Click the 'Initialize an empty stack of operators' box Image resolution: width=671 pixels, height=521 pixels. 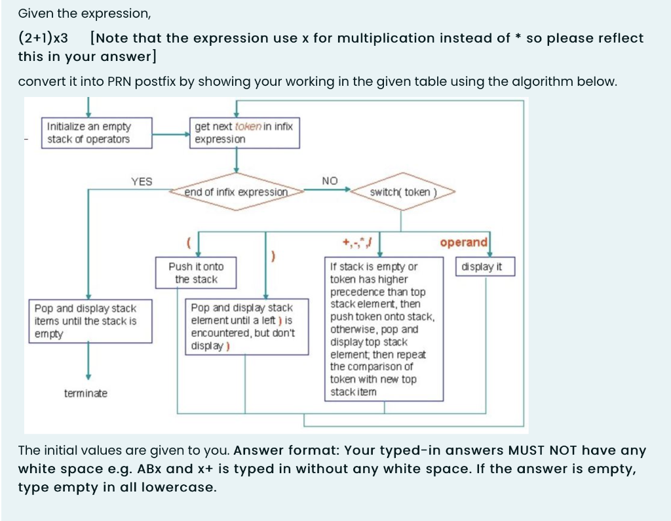[x=97, y=133]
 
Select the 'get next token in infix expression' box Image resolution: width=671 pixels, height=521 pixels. [x=244, y=133]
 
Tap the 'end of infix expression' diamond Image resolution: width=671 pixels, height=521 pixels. [x=236, y=192]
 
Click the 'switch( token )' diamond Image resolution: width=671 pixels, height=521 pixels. [x=402, y=192]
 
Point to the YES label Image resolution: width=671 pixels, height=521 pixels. [x=142, y=182]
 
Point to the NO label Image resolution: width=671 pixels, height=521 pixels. [x=330, y=181]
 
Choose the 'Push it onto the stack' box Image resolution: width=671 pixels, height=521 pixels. [x=196, y=273]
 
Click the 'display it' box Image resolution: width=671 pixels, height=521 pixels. [x=485, y=267]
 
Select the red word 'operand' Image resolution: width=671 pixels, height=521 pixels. [x=463, y=242]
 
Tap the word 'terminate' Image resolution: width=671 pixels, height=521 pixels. [x=86, y=393]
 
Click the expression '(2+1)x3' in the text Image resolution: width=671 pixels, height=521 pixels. [x=43, y=39]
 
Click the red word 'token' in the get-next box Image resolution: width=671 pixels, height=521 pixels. [x=248, y=126]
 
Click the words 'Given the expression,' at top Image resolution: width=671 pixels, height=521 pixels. [x=75, y=13]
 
